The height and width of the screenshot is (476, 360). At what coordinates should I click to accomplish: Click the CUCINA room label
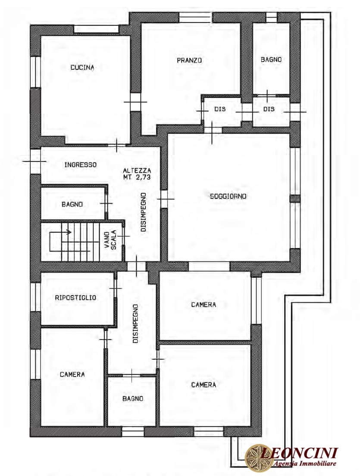coord(82,67)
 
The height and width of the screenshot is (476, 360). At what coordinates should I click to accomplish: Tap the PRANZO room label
coord(189,60)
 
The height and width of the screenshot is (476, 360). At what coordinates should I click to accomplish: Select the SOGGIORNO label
coord(228,196)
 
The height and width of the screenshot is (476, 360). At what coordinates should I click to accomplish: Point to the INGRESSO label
coord(80,165)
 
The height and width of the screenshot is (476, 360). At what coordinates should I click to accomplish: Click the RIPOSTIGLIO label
coord(75,297)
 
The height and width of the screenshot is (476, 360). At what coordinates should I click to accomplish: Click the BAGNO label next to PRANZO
coord(271,60)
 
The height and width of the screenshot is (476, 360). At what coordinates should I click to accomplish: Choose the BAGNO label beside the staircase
coord(72,204)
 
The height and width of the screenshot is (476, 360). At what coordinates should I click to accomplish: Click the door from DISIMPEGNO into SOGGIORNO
coord(164,199)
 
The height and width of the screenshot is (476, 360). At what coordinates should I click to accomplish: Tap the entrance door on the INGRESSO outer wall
coord(35,161)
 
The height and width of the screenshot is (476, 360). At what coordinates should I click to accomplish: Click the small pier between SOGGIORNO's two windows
coord(295,198)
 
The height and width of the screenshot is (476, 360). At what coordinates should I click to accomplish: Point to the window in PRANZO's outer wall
coord(195,17)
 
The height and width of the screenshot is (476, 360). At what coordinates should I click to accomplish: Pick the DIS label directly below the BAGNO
coord(269,109)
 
